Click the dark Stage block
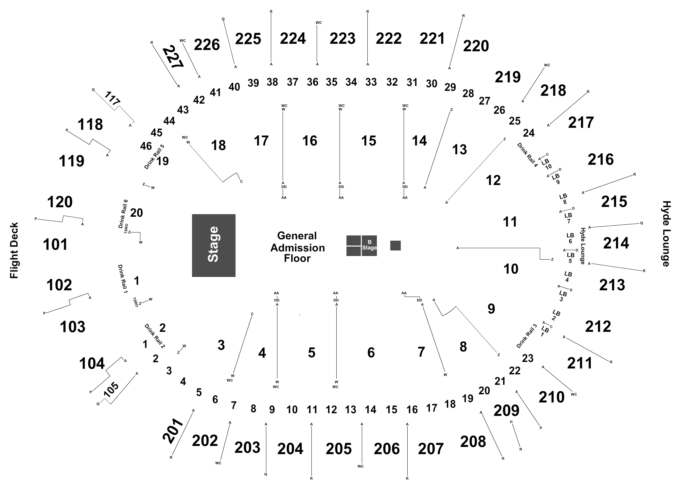(214, 245)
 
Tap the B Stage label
(369, 245)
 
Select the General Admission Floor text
(297, 247)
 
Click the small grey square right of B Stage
(395, 246)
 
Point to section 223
(342, 39)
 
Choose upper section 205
(339, 449)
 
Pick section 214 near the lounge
(616, 243)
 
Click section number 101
(55, 244)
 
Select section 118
(90, 125)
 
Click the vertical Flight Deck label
(14, 251)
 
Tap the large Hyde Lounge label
(666, 234)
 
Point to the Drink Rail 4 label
(527, 155)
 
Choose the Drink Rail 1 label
(123, 279)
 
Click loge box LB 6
(570, 238)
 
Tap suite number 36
(312, 82)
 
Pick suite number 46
(146, 146)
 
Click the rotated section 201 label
(173, 431)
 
